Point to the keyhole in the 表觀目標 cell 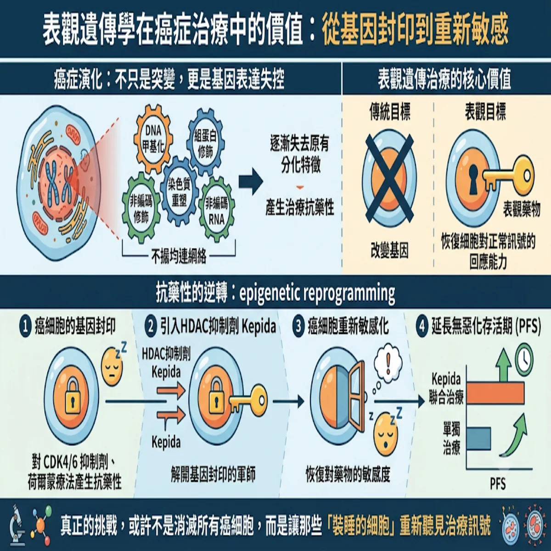click(473, 179)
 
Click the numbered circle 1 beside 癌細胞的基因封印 click(25, 327)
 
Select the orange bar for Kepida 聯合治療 click(495, 393)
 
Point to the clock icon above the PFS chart click(524, 360)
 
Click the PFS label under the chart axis click(498, 484)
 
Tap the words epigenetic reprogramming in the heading click(317, 293)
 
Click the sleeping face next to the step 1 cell click(112, 367)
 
